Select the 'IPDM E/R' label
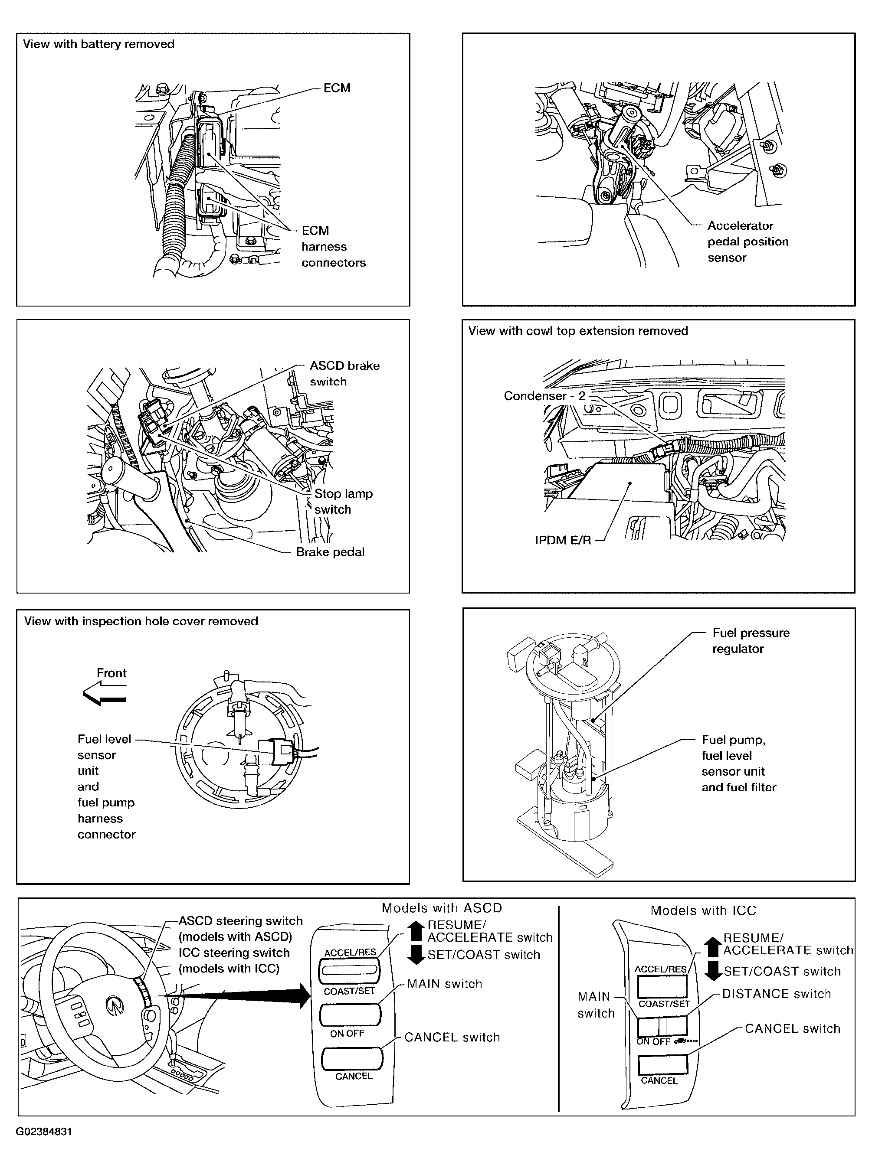563,540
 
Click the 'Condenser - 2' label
544,396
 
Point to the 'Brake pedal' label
330,552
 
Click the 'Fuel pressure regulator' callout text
750,640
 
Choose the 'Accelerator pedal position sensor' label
747,241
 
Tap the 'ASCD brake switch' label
344,373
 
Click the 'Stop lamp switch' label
343,501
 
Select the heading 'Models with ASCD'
441,908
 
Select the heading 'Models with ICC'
703,910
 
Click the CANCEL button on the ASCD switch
352,1058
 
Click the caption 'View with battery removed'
98,44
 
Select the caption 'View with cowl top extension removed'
578,331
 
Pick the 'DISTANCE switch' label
776,994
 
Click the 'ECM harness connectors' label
333,246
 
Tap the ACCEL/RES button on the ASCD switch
349,969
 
